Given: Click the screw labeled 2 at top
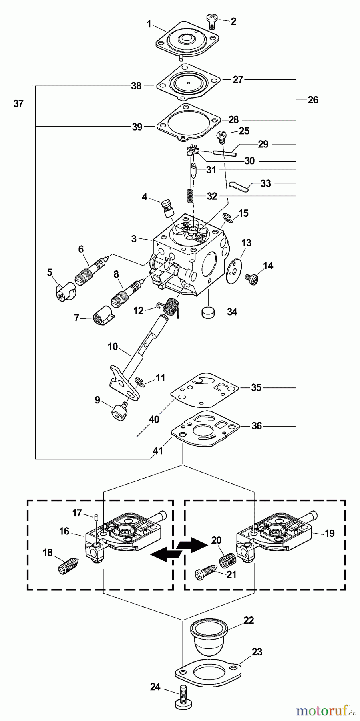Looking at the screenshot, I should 211,20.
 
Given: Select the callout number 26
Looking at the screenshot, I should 313,100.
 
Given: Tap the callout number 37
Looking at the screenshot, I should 18,104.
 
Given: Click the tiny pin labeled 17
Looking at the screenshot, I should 97,517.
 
